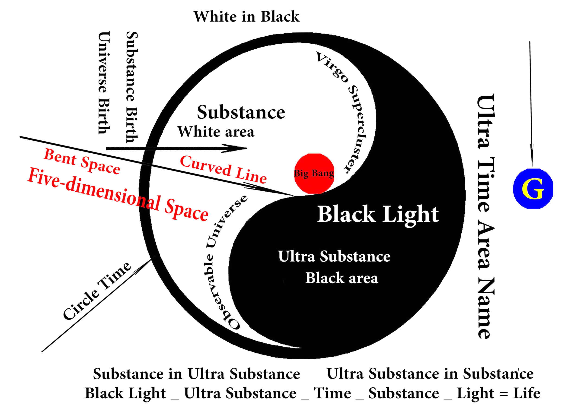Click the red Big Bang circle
point(314,174)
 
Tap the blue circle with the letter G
point(533,189)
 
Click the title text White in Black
point(246,17)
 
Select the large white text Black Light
point(378,215)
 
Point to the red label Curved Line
point(223,169)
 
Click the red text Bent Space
point(82,161)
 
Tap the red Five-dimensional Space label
point(118,194)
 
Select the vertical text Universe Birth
point(104,83)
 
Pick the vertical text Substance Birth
point(132,87)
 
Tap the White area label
point(216,132)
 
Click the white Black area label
point(342,278)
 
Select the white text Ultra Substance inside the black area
point(334,256)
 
